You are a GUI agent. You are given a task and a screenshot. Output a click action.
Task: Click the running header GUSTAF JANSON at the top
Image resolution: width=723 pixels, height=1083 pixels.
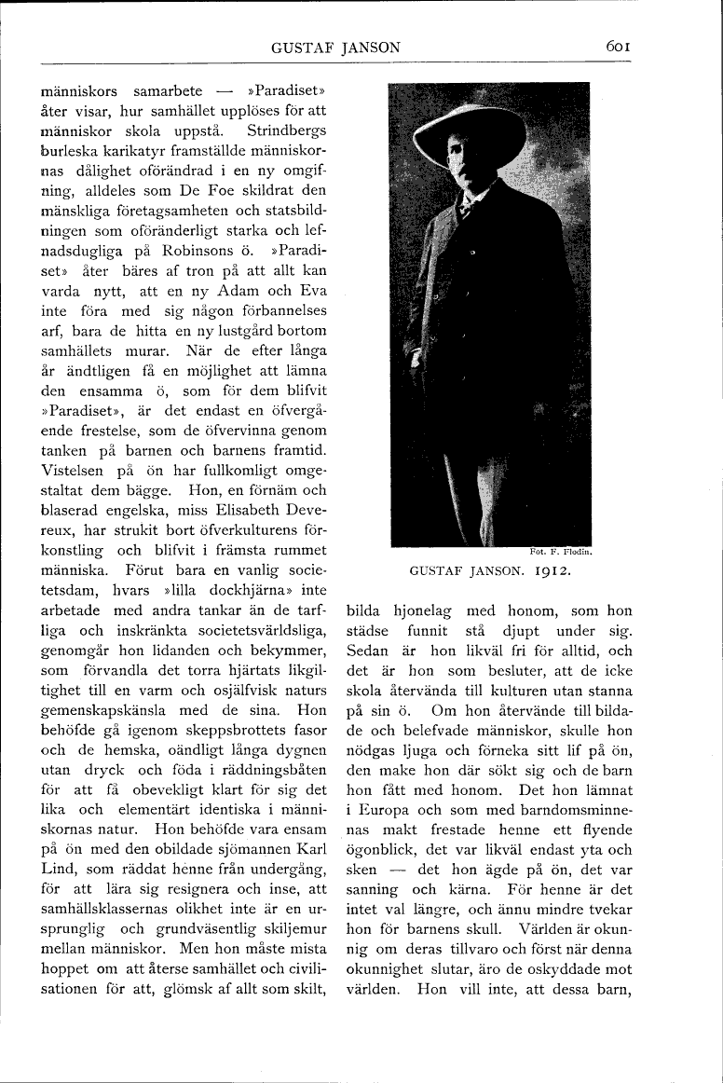pos(335,48)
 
